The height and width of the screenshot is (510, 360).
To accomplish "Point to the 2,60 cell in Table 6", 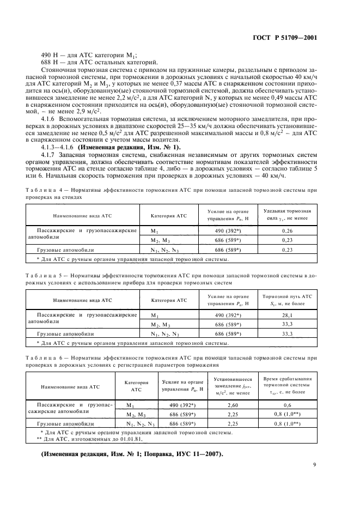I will tap(233, 405).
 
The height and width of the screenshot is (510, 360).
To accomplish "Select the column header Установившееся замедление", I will tap(233, 385).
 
